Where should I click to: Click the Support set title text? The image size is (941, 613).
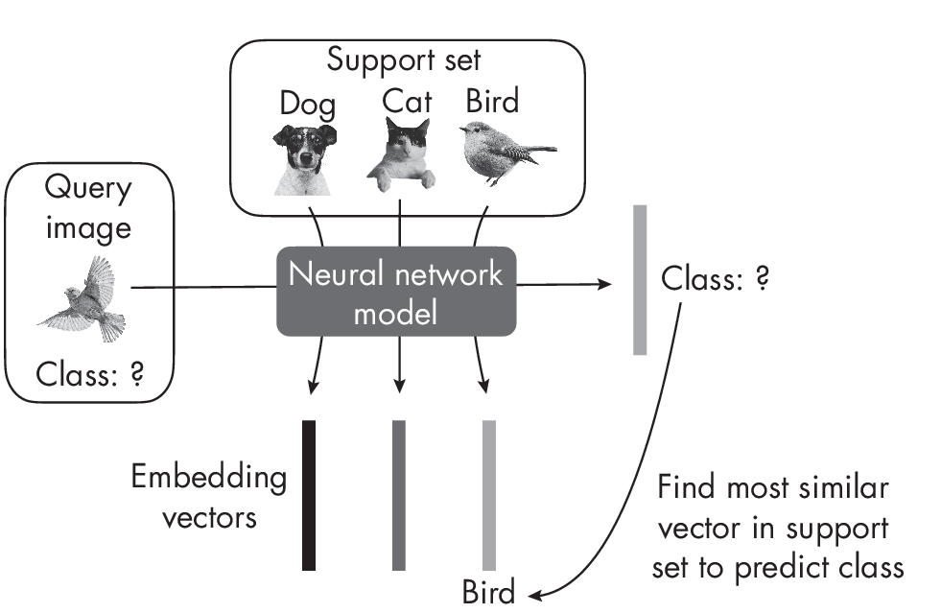tap(403, 59)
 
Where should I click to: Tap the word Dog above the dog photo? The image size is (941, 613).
tap(307, 104)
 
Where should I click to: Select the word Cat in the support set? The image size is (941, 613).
tap(407, 101)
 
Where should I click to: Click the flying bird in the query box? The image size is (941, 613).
tap(86, 300)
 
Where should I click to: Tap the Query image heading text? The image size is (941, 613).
tap(89, 206)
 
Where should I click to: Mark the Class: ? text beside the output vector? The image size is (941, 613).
tap(715, 280)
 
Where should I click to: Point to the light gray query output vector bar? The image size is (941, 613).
tap(640, 279)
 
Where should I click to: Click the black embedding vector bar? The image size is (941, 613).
tap(309, 494)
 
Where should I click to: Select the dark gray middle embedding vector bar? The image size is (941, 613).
tap(399, 494)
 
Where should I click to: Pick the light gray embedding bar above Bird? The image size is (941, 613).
tap(489, 494)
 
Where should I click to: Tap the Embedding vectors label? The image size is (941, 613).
tap(209, 497)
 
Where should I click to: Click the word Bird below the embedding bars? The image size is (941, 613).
tap(488, 591)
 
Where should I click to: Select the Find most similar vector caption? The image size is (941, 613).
tap(776, 527)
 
